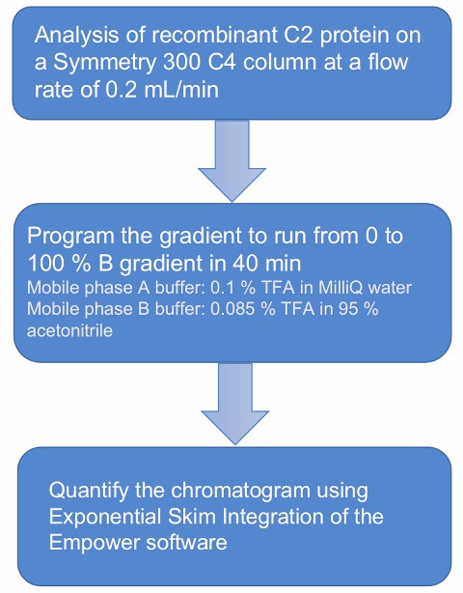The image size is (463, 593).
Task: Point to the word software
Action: [x=187, y=543]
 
